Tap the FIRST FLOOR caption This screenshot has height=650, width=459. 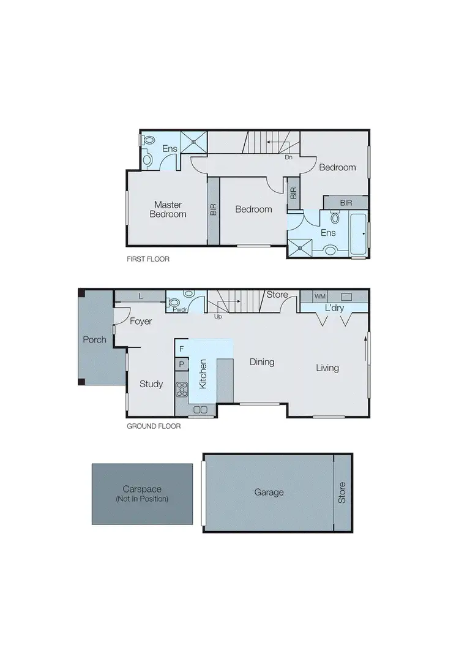(147, 259)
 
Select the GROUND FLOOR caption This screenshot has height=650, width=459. (154, 426)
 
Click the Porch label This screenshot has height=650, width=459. (95, 339)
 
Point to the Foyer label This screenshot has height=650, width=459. (141, 321)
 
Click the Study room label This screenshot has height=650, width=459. (151, 384)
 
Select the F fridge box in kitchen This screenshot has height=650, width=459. (181, 349)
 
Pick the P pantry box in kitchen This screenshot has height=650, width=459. (181, 365)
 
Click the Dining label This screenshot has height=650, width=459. (261, 362)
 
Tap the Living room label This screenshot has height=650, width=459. (327, 368)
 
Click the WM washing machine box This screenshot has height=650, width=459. (319, 296)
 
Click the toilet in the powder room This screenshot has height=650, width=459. (174, 301)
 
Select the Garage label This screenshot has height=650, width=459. (269, 492)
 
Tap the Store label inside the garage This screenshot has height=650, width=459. (342, 493)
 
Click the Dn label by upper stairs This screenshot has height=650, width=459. (289, 157)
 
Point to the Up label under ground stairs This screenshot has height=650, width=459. (218, 317)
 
